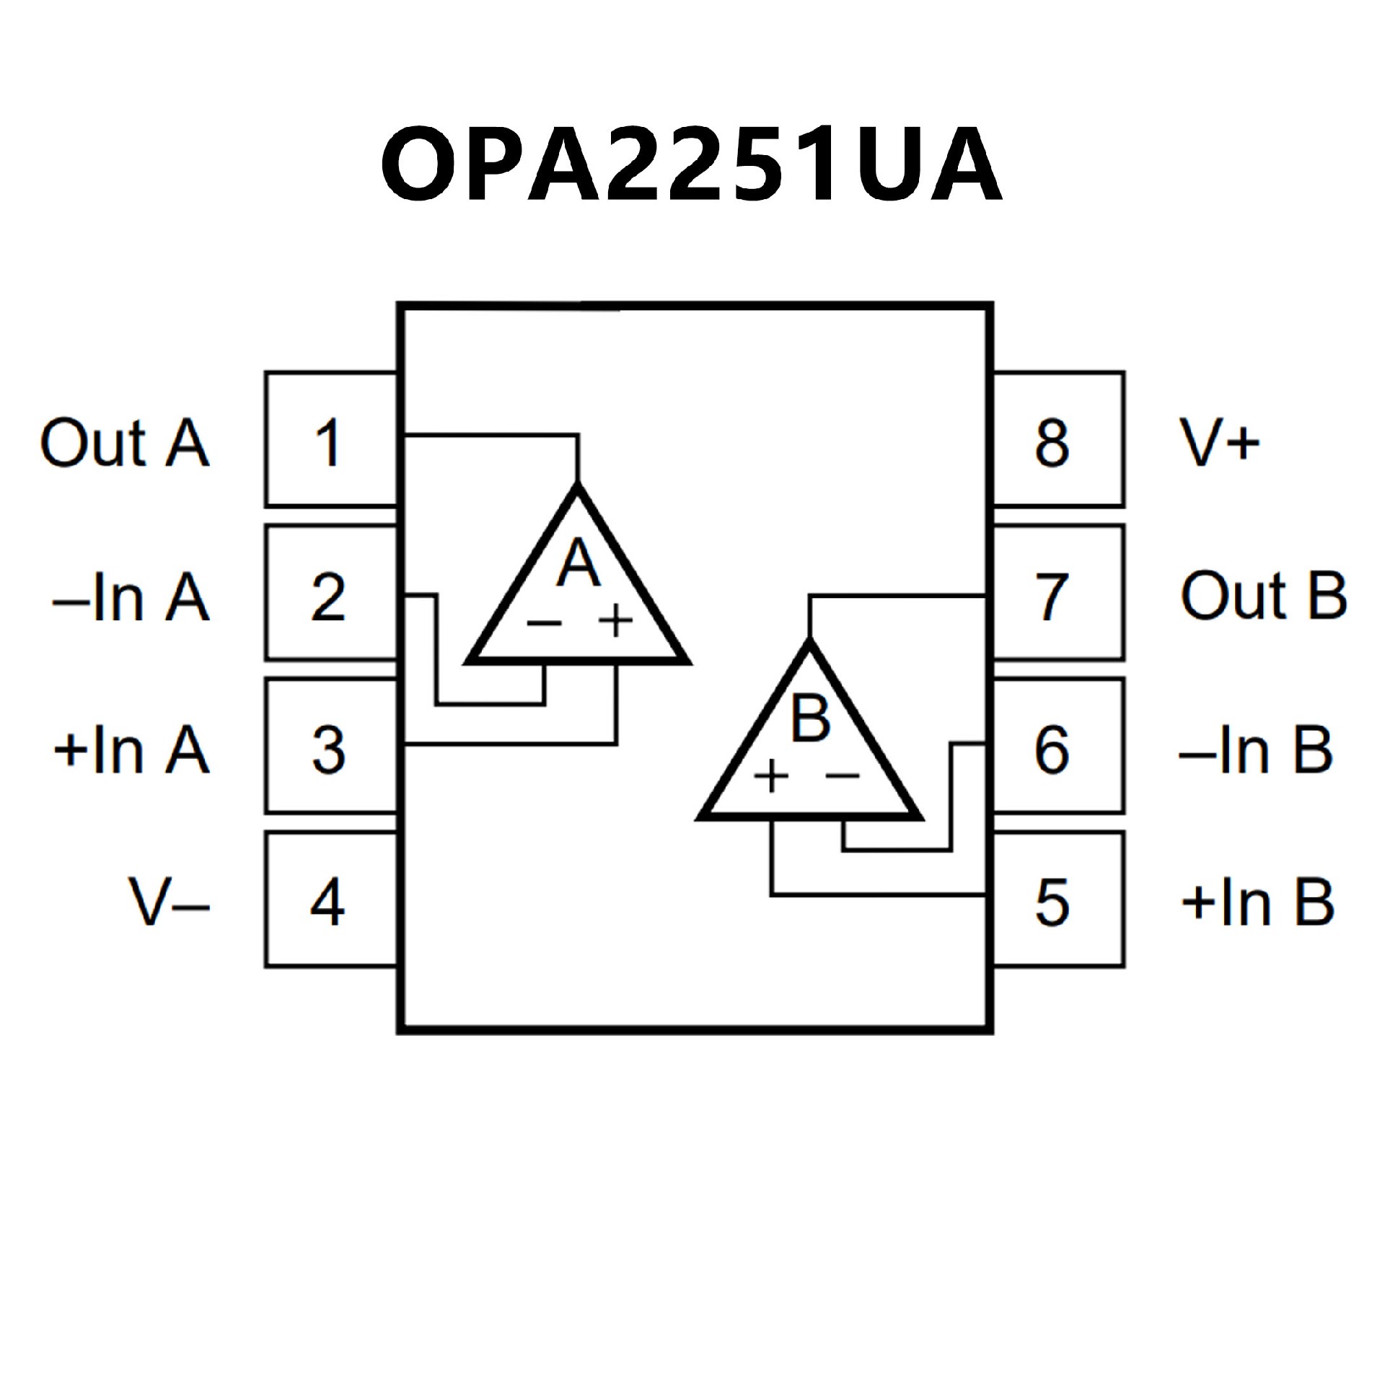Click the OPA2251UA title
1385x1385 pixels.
(x=691, y=164)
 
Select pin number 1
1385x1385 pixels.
(x=328, y=443)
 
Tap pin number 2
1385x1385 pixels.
(x=328, y=597)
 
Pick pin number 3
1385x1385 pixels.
(x=328, y=750)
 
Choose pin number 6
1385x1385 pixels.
(x=1052, y=750)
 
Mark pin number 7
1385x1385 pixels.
(x=1052, y=597)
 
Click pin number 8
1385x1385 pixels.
(x=1052, y=443)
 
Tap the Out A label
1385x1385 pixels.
(x=124, y=443)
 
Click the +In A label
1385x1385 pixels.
(x=131, y=750)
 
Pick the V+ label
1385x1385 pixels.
(x=1220, y=443)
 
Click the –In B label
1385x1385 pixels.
(x=1256, y=750)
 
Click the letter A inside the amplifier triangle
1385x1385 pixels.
(x=579, y=563)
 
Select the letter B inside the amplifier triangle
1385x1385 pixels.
(x=810, y=718)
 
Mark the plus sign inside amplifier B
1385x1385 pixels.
(x=771, y=777)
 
